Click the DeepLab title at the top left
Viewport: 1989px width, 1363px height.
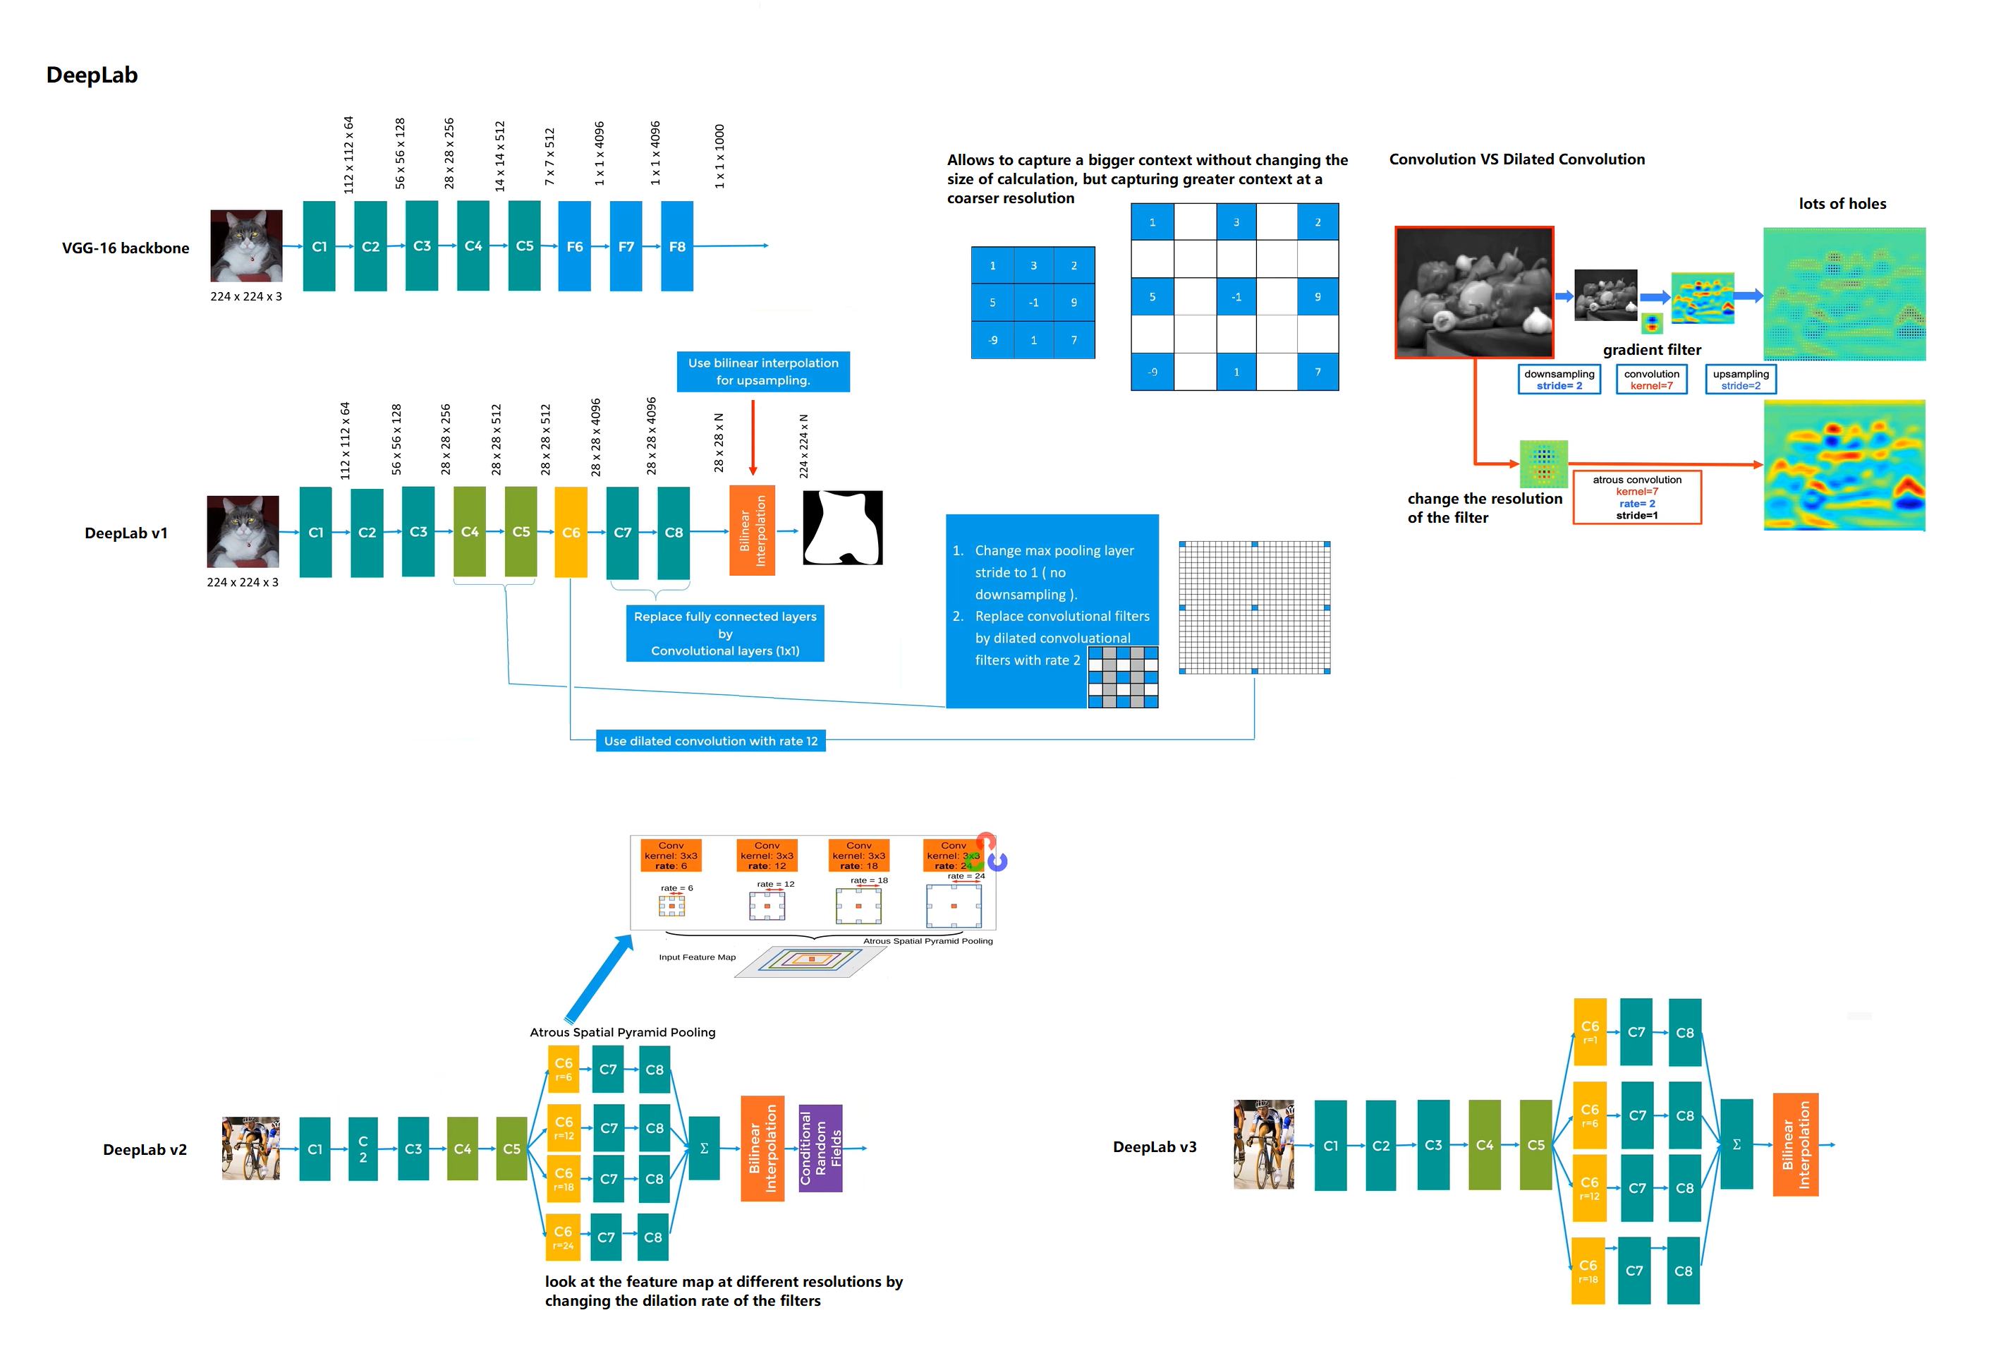coord(92,75)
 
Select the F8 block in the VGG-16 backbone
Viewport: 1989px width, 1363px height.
coord(676,247)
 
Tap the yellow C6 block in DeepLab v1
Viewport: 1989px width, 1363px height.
coord(571,532)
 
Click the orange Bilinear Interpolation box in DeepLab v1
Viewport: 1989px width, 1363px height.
coord(753,531)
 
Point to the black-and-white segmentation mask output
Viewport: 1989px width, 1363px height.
coord(842,528)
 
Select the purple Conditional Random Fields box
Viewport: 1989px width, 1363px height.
coord(820,1148)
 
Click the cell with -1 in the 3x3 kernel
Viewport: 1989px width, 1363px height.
coord(1033,302)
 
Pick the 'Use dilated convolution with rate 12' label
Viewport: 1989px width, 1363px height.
coord(710,741)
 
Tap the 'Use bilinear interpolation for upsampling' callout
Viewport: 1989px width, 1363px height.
coord(762,372)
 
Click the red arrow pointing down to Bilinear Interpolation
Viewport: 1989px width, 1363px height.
coord(753,437)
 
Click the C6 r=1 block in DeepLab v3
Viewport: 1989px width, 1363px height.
coord(1589,1031)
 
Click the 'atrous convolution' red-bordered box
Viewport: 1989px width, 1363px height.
coord(1636,497)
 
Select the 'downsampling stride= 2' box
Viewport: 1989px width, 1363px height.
coord(1559,380)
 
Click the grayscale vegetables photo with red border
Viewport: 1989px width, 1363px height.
coord(1474,292)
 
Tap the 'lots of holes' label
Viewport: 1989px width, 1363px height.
coord(1842,204)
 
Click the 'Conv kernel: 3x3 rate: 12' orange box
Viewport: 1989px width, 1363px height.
coord(767,855)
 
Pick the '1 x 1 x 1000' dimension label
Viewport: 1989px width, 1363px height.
coord(719,156)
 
